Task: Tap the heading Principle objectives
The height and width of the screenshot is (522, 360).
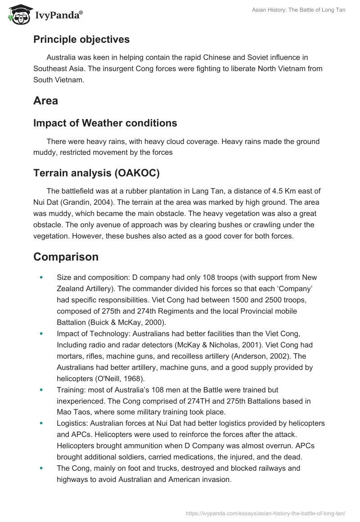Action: click(x=81, y=39)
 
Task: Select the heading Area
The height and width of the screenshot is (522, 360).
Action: click(x=45, y=100)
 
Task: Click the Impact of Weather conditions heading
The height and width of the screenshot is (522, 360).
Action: click(x=105, y=123)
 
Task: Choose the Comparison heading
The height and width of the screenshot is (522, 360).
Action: click(x=66, y=256)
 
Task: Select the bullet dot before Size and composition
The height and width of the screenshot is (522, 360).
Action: click(x=42, y=278)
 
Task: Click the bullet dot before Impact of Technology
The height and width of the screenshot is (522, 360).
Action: click(x=42, y=334)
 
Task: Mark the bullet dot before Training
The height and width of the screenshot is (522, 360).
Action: click(x=42, y=390)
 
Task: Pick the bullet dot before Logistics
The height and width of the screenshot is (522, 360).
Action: click(x=42, y=423)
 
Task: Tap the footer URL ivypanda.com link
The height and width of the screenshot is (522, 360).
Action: click(x=265, y=513)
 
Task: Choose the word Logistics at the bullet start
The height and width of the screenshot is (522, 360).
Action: click(x=72, y=423)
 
